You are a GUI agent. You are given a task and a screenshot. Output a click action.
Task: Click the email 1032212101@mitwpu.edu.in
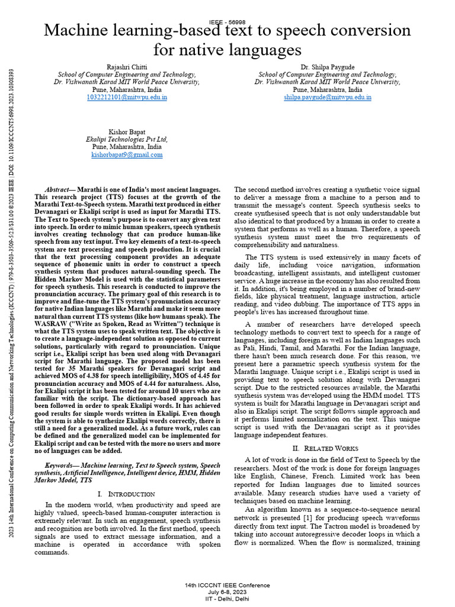tap(127, 96)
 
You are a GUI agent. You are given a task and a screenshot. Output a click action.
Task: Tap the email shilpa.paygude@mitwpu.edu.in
tap(328, 96)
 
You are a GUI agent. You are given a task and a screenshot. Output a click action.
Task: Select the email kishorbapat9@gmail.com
tap(127, 154)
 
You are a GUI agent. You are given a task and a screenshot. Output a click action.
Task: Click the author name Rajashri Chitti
tap(127, 67)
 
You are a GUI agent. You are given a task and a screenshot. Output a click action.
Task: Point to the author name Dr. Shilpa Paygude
tap(328, 67)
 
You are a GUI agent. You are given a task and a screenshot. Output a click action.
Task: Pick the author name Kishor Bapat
tap(127, 131)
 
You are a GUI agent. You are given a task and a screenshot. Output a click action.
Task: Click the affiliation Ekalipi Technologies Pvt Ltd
tap(127, 139)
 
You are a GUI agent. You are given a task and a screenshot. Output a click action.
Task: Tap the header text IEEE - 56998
tap(227, 21)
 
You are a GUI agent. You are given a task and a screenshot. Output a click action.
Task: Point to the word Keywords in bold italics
tap(62, 467)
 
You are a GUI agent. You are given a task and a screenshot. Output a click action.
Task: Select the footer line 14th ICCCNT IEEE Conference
tap(227, 585)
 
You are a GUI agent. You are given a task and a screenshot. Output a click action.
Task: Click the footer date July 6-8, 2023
tap(227, 592)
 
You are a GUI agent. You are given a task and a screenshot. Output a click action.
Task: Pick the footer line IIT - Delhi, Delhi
tap(227, 598)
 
